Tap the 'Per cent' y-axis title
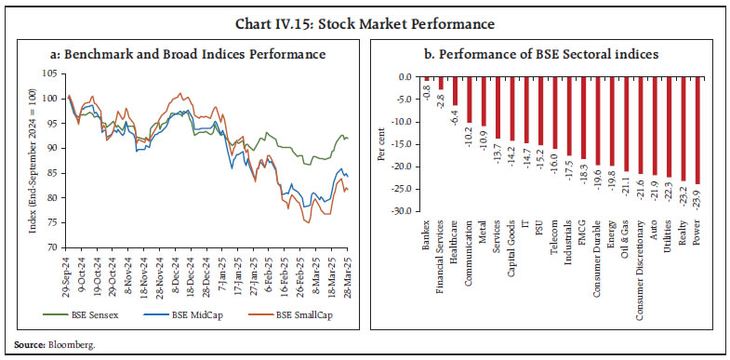click(382, 145)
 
